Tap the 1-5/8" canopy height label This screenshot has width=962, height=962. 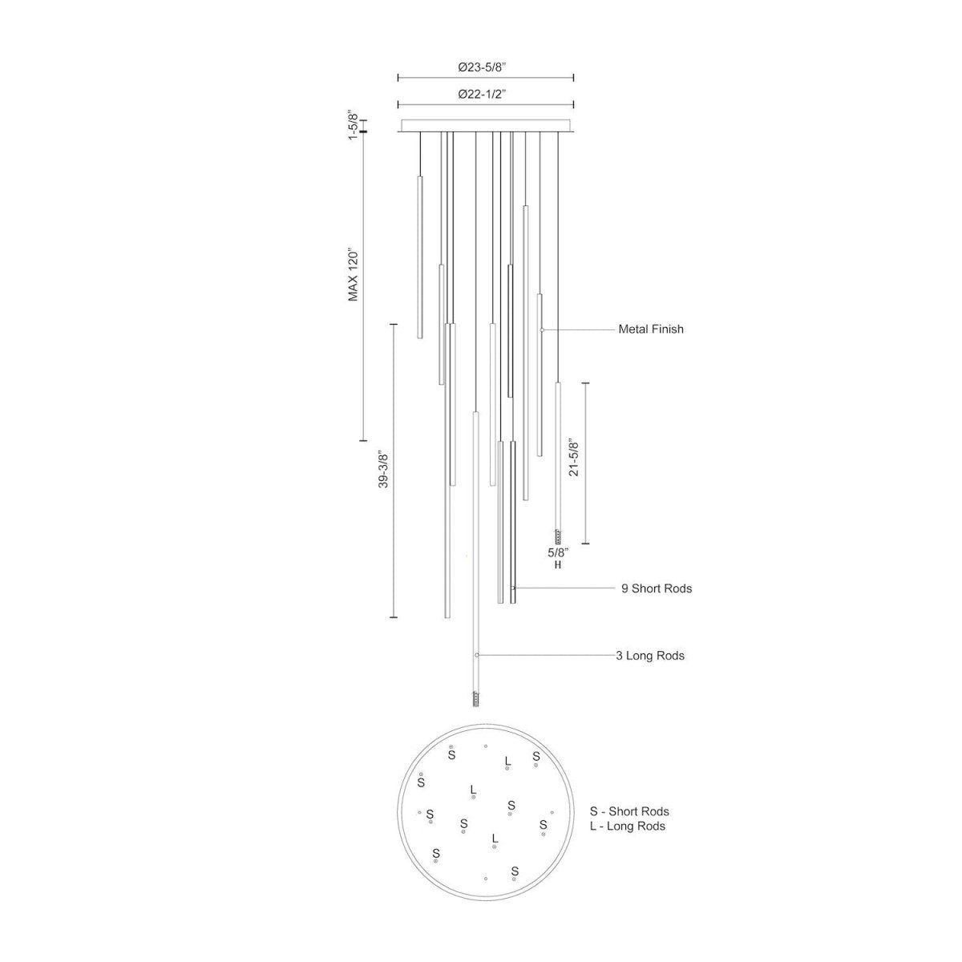click(352, 126)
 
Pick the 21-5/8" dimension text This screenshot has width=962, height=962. click(574, 459)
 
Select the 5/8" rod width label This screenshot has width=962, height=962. click(557, 552)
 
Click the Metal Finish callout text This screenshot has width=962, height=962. click(650, 329)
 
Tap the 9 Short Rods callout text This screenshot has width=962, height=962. click(656, 588)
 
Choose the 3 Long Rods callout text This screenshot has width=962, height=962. click(650, 656)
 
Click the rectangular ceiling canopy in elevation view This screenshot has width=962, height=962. click(486, 126)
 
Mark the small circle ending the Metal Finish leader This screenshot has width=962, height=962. click(542, 330)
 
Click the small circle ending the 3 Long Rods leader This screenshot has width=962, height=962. click(477, 656)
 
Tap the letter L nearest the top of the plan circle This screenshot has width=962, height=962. click(507, 760)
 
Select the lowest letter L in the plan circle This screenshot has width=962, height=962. click(495, 838)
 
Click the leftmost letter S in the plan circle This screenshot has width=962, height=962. click(421, 781)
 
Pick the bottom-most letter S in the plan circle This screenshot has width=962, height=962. click(515, 871)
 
